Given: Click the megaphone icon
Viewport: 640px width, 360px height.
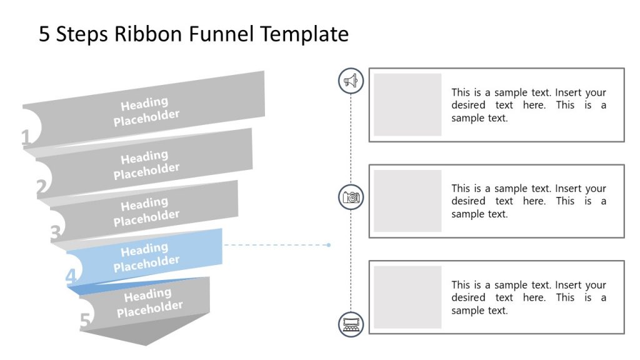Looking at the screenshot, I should coord(351,81).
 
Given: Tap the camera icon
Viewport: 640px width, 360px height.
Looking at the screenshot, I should coord(351,197).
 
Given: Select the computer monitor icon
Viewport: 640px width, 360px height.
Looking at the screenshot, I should coord(351,324).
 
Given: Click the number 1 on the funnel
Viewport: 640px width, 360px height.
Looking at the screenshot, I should coord(26,137).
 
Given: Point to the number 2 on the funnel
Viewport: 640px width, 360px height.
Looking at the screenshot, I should coord(41,187).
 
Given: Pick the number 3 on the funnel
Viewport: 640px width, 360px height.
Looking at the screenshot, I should coord(55,233).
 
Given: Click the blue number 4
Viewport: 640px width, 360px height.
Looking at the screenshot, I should coord(71,276).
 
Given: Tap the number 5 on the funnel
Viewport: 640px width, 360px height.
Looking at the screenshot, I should coord(85,321).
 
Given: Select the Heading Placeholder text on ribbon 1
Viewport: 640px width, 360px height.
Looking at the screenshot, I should coord(146,111).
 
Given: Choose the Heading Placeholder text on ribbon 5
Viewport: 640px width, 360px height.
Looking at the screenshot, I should coord(149,302).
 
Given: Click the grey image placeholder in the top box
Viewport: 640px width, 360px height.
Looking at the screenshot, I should coord(407,104).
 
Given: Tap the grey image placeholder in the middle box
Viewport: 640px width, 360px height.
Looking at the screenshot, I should coord(407,201).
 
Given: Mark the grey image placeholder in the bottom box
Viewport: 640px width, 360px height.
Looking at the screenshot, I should coord(407,297).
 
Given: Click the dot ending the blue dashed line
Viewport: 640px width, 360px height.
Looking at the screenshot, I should coord(329,245).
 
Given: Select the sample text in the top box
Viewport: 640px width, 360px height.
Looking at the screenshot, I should coord(529,105).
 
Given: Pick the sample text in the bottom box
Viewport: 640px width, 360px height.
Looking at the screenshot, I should coord(529,297).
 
